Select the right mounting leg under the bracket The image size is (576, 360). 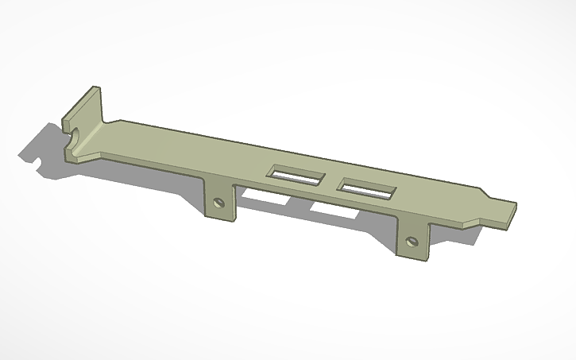tap(412, 241)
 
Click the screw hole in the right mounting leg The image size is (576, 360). tap(411, 241)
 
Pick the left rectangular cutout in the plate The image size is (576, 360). tap(296, 176)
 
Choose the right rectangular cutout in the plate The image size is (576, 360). tap(366, 191)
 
